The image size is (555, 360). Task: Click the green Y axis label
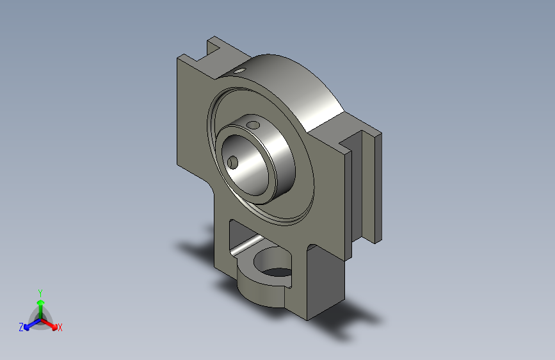[40, 293]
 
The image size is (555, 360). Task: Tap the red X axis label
[60, 327]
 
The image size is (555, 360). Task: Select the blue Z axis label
[21, 327]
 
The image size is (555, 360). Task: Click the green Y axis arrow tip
[41, 302]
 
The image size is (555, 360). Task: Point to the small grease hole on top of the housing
[239, 70]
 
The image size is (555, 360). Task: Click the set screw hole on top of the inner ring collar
[253, 125]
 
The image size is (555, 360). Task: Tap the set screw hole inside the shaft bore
[232, 163]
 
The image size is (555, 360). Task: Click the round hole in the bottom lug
[273, 263]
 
